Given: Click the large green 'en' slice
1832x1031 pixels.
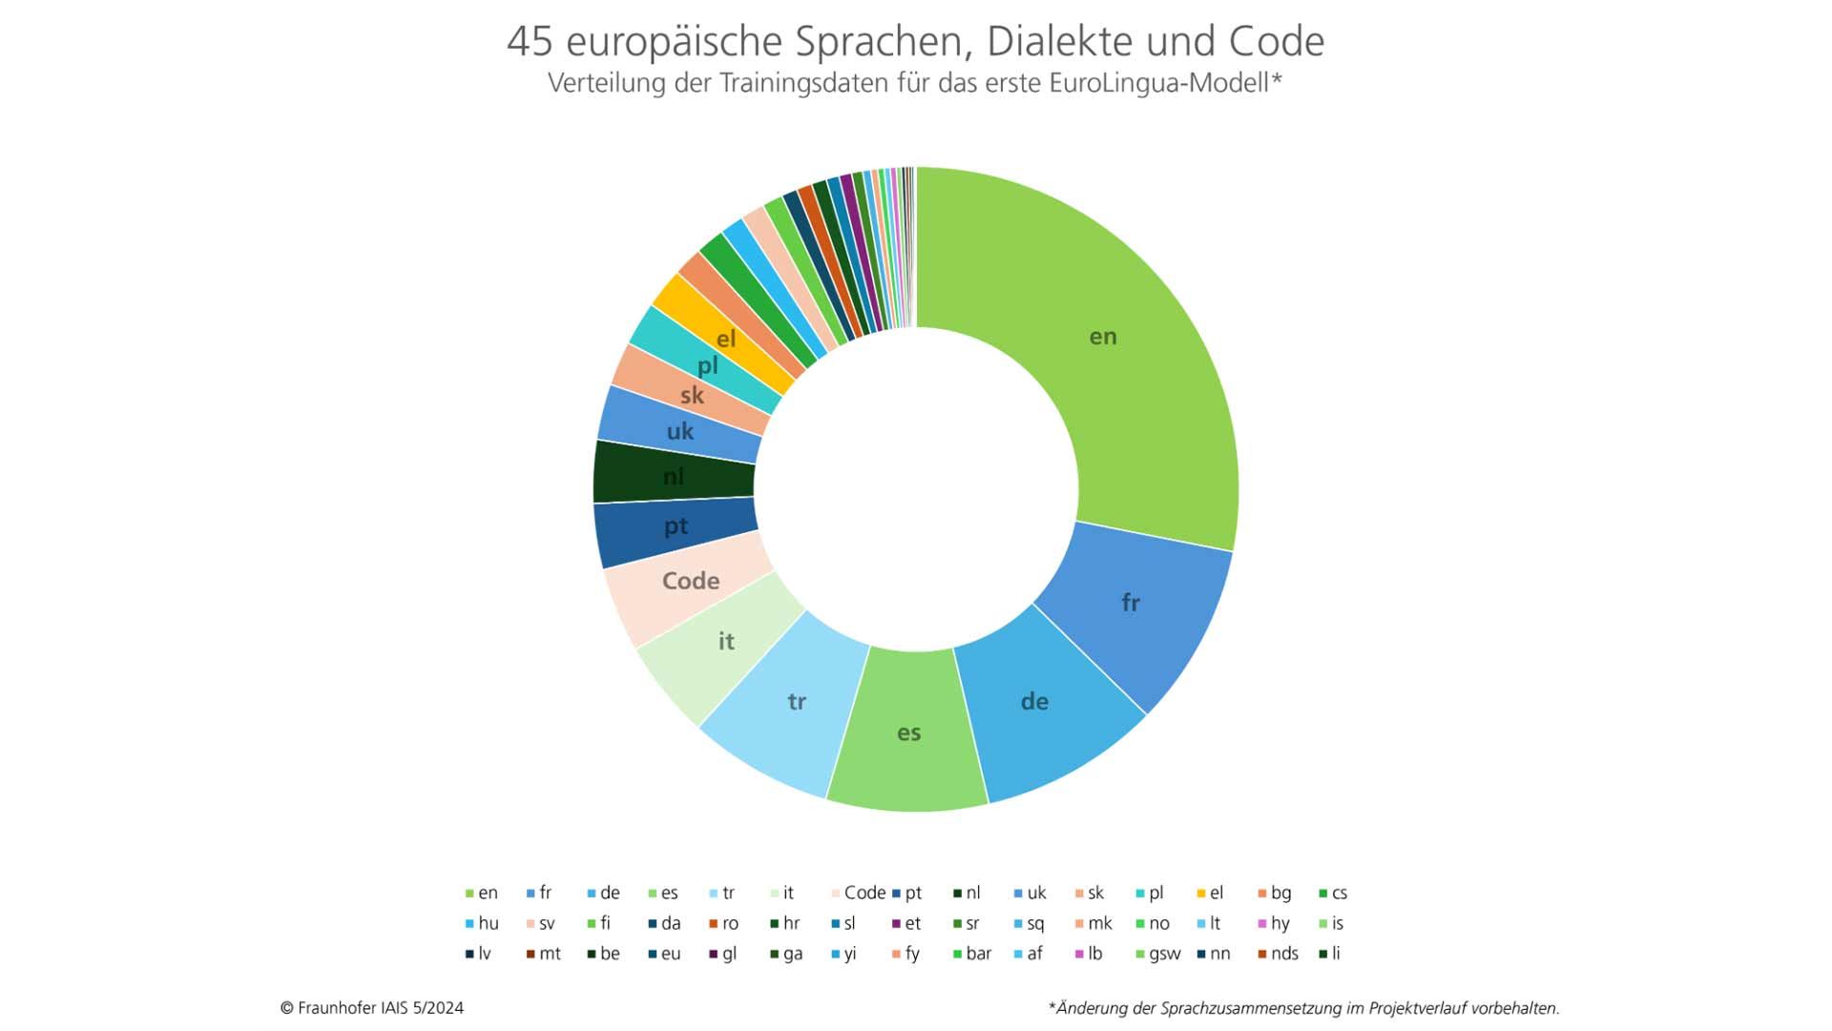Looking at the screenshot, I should [1103, 337].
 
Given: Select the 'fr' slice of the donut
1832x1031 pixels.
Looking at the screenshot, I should [1130, 603].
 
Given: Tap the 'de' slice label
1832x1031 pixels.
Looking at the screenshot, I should [1034, 702].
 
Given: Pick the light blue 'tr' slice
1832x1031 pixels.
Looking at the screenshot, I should [797, 702].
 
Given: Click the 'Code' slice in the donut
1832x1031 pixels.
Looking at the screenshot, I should [690, 581].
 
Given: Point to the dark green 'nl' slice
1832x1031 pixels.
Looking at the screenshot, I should [674, 476].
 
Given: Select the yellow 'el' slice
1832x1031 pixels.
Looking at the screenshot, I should [726, 339].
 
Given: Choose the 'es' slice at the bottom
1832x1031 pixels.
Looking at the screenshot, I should [908, 732].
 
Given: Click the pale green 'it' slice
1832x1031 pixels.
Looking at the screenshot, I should [726, 642].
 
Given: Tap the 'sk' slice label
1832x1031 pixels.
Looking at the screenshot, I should [692, 395].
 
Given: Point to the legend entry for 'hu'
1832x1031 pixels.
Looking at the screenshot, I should [488, 923].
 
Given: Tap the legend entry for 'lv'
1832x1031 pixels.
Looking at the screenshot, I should [484, 954].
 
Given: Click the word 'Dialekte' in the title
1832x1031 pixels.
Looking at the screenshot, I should [1058, 42].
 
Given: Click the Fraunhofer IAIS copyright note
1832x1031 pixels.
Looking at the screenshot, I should [372, 1008].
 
